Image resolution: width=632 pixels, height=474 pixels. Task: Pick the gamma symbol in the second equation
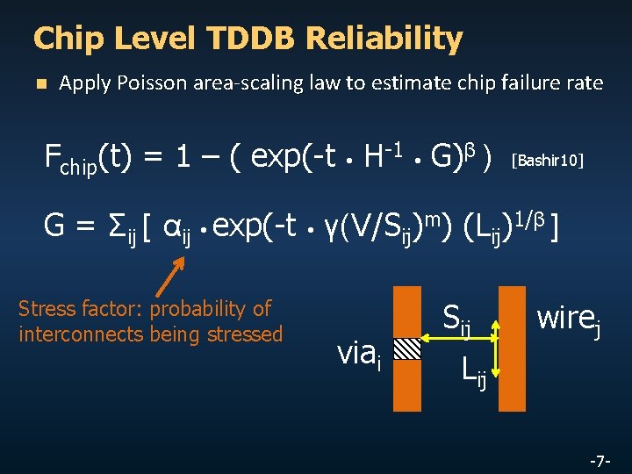click(x=332, y=228)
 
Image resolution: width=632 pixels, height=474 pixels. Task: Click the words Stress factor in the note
click(x=82, y=309)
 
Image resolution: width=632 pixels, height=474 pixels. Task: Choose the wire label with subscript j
click(x=569, y=317)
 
